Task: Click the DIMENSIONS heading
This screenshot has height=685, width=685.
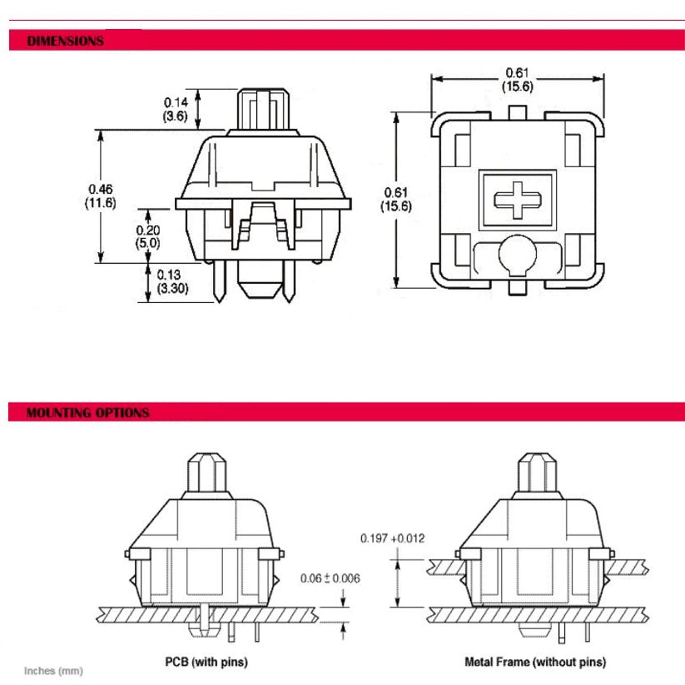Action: click(x=66, y=41)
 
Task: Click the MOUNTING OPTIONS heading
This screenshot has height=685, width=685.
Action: click(x=88, y=413)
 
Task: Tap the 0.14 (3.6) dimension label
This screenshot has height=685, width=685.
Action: click(x=175, y=110)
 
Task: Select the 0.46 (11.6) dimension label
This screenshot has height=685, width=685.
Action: click(x=100, y=196)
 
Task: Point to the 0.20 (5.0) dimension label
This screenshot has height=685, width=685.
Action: click(x=148, y=237)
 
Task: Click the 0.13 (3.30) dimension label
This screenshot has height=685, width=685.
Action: click(x=172, y=281)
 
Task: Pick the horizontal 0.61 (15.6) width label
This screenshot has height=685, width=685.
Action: click(x=517, y=79)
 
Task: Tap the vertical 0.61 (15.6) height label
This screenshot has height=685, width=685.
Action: click(x=396, y=199)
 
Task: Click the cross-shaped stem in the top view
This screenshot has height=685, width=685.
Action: click(x=518, y=200)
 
